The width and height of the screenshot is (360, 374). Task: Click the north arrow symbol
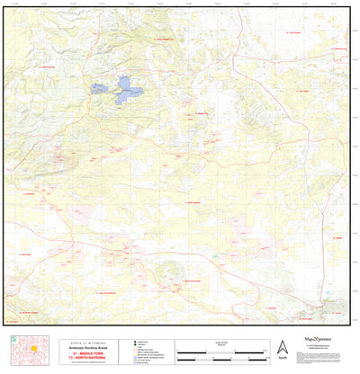(282, 345)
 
